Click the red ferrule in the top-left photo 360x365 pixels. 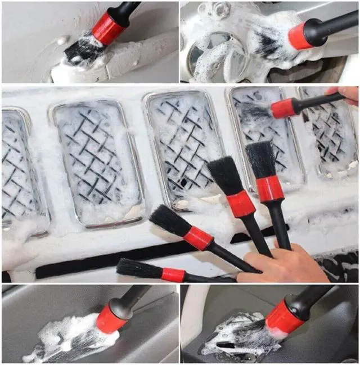tap(107, 28)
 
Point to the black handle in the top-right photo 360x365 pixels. tap(337, 24)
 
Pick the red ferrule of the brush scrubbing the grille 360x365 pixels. tap(283, 107)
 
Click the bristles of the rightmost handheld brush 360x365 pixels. tap(261, 160)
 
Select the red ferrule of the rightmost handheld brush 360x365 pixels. tap(270, 188)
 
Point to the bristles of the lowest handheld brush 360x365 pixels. tap(138, 269)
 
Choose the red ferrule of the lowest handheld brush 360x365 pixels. tap(173, 275)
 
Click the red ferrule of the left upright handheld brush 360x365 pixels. tap(241, 204)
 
